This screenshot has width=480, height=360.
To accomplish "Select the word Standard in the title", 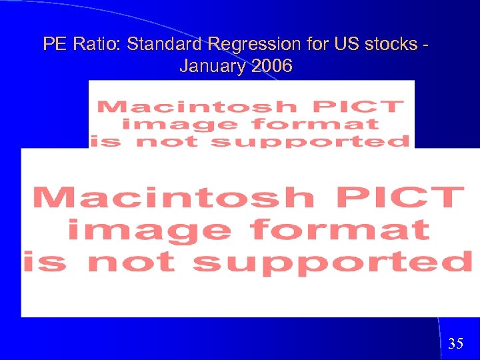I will [165, 45].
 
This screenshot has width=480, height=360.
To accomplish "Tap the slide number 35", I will [456, 344].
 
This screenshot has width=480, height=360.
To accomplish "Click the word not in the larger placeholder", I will [132, 261].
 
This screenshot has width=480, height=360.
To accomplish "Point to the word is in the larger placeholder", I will [45, 261].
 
